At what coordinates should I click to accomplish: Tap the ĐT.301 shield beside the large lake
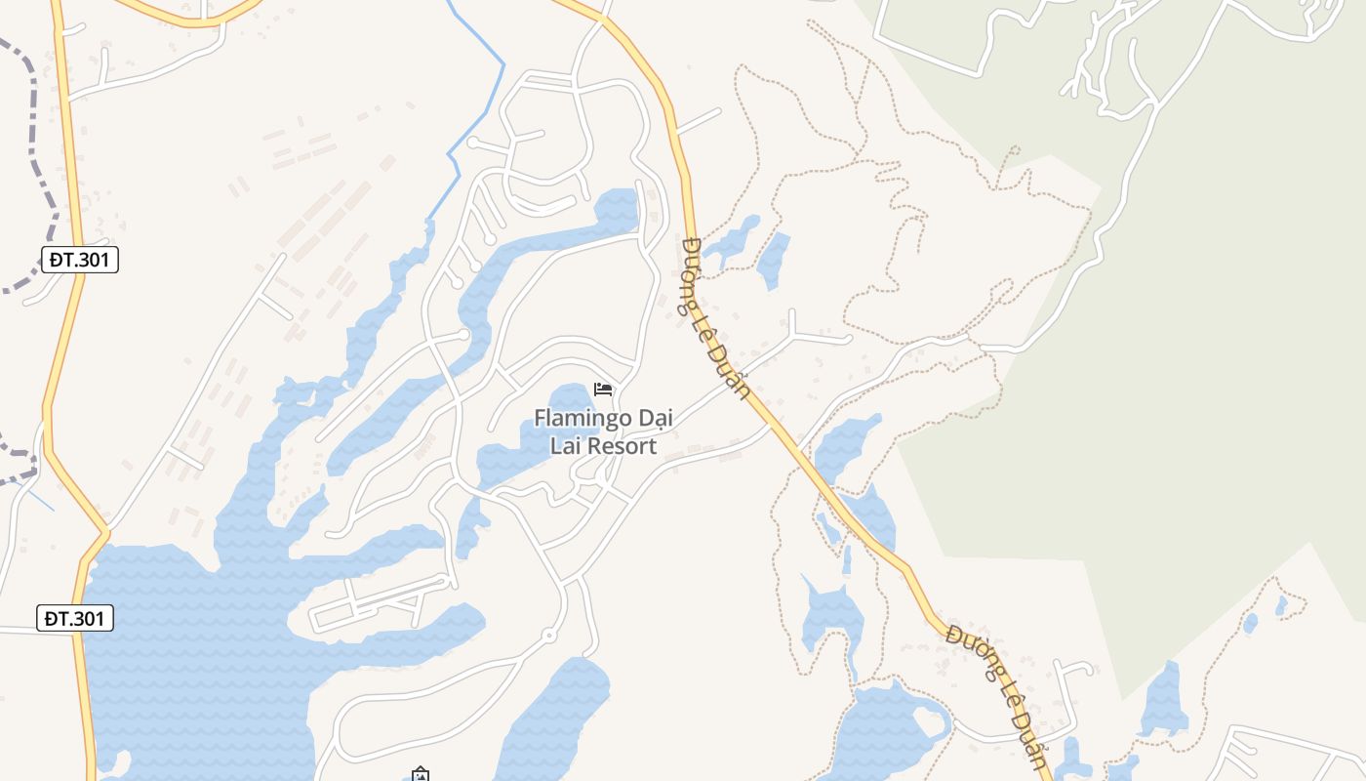pos(76,618)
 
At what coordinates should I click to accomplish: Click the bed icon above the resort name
pos(603,390)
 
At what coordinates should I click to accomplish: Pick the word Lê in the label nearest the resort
pos(711,324)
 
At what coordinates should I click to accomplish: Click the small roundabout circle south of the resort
pos(548,636)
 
